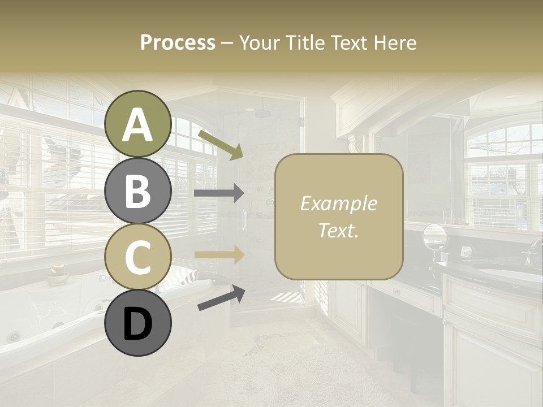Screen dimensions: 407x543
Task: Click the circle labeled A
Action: pyautogui.click(x=137, y=124)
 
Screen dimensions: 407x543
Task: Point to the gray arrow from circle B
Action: pyautogui.click(x=219, y=193)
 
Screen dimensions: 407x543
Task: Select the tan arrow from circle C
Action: pyautogui.click(x=219, y=255)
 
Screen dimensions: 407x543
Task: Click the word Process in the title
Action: pyautogui.click(x=178, y=42)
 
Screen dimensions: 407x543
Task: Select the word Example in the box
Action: pyautogui.click(x=338, y=203)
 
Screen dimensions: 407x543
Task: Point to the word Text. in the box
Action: pyautogui.click(x=338, y=230)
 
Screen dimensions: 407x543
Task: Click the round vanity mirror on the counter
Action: pyautogui.click(x=434, y=236)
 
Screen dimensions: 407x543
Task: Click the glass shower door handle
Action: pyautogui.click(x=244, y=218)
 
